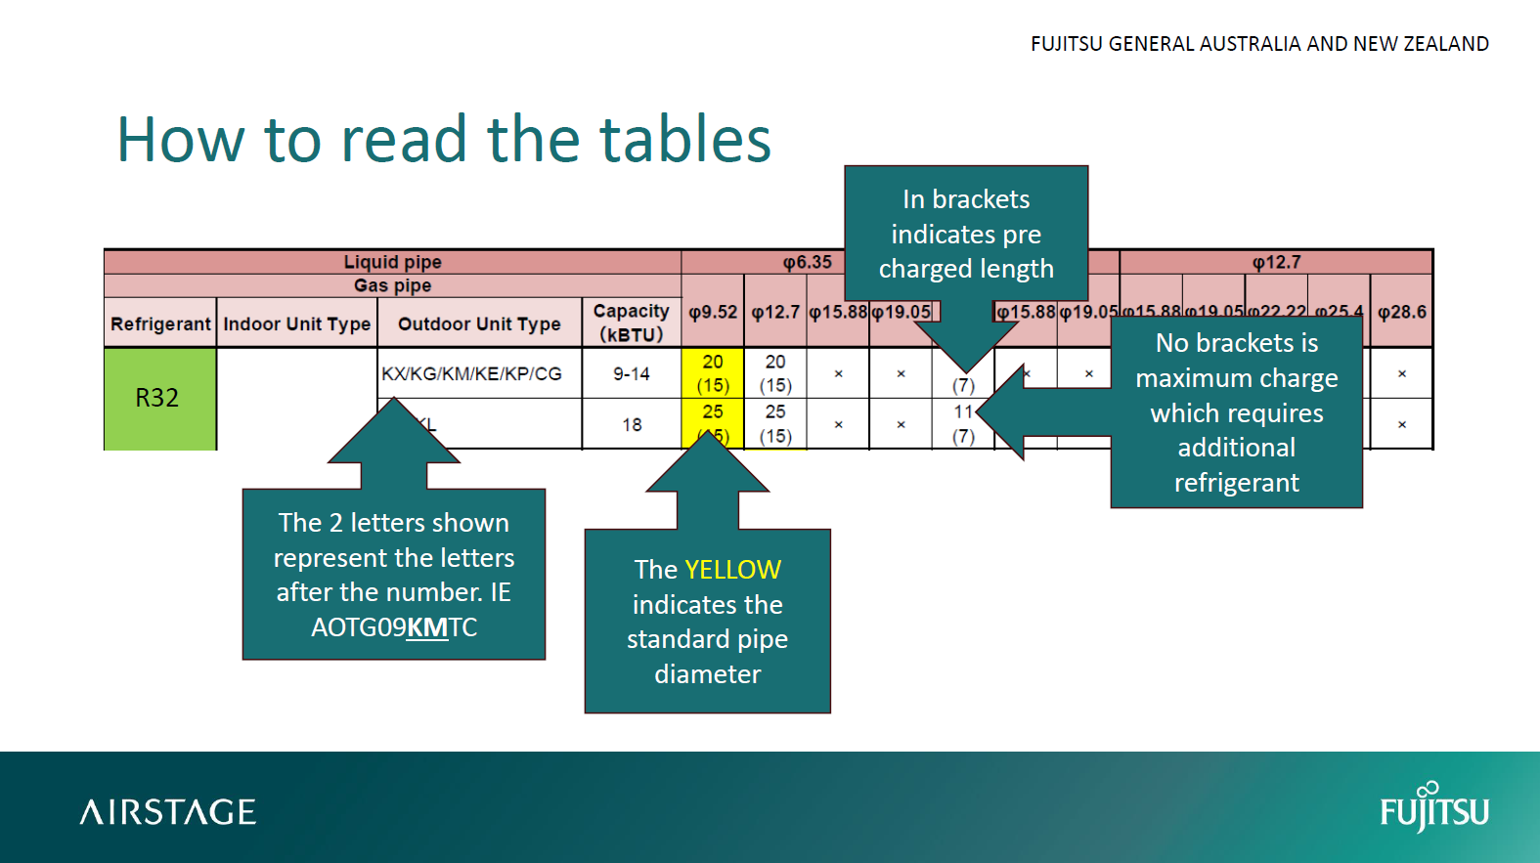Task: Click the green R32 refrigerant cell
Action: (x=158, y=398)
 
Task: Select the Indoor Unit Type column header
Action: (x=296, y=324)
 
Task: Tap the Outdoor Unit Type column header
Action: (x=479, y=324)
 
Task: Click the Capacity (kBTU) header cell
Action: (x=632, y=323)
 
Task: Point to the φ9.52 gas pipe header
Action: (x=713, y=313)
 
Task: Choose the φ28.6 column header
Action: (x=1401, y=313)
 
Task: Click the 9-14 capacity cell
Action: (x=632, y=373)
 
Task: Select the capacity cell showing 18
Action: (x=632, y=425)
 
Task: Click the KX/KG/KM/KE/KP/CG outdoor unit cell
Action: (x=471, y=373)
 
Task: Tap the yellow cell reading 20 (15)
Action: (x=713, y=373)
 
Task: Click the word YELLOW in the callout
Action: (x=733, y=570)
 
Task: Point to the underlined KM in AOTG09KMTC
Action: (x=427, y=627)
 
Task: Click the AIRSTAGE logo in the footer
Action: (x=168, y=812)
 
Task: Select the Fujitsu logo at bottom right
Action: (x=1434, y=808)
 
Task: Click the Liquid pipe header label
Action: (x=392, y=262)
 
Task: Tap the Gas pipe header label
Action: (x=392, y=285)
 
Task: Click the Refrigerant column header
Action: (x=160, y=324)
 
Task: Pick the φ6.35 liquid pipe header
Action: (x=807, y=262)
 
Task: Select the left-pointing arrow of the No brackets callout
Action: (x=1027, y=412)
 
